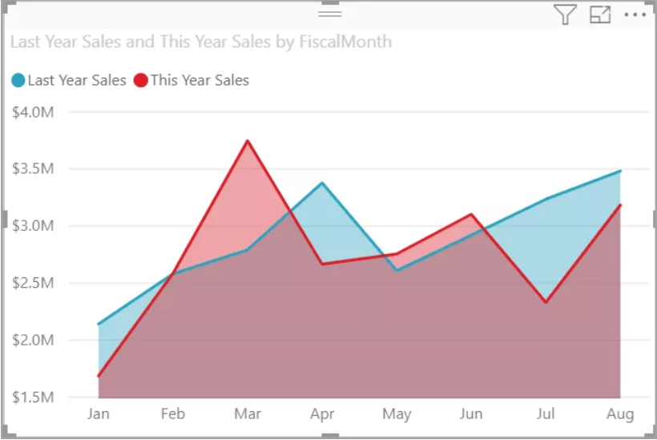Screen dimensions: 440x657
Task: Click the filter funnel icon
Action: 565,14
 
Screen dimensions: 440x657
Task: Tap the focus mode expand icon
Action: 600,14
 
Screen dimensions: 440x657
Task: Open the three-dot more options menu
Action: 634,14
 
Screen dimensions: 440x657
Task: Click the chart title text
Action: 200,42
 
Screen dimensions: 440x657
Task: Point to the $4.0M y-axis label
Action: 33,111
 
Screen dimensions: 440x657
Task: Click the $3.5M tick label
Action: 33,169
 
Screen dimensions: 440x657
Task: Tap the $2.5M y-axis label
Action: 33,283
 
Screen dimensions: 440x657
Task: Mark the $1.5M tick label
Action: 33,398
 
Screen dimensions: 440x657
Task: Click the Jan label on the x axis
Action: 98,414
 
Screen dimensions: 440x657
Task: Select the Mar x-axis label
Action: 247,414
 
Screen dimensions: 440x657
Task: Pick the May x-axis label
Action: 397,414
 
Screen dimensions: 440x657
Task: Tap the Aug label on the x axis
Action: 620,414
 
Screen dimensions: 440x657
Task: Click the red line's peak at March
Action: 248,141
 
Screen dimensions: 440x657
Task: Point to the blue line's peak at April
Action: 322,183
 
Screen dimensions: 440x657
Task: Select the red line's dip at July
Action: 546,302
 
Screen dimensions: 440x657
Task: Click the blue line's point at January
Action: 99,325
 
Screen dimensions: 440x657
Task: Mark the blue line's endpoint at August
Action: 620,171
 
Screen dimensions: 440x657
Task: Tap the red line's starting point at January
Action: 99,376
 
